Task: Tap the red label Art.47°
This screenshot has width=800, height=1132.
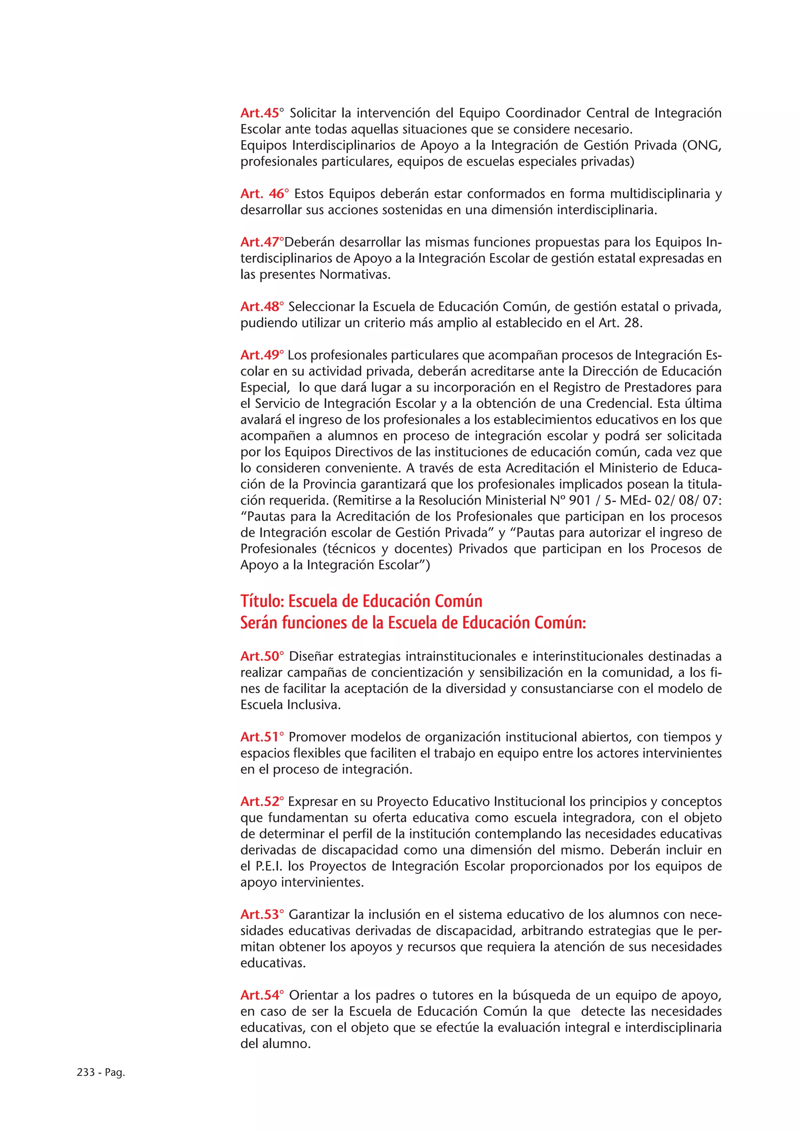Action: click(262, 242)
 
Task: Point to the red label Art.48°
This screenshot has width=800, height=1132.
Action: click(262, 307)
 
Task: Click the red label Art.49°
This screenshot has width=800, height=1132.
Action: click(262, 355)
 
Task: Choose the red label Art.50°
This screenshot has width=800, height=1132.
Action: click(262, 656)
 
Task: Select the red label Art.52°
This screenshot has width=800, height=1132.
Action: click(262, 801)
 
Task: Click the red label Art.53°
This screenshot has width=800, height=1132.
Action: click(262, 915)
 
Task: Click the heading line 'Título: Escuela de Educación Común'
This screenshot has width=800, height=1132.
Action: click(361, 601)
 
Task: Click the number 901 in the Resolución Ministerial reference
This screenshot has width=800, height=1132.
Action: click(580, 500)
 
